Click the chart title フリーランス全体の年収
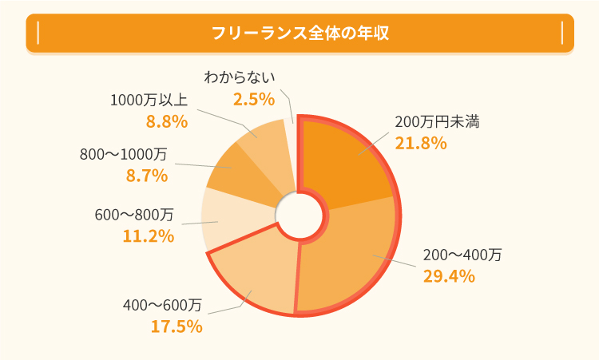click(299, 33)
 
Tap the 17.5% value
click(177, 326)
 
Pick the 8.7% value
click(147, 176)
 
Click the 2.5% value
click(254, 99)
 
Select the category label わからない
click(240, 77)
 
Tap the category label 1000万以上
click(149, 101)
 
